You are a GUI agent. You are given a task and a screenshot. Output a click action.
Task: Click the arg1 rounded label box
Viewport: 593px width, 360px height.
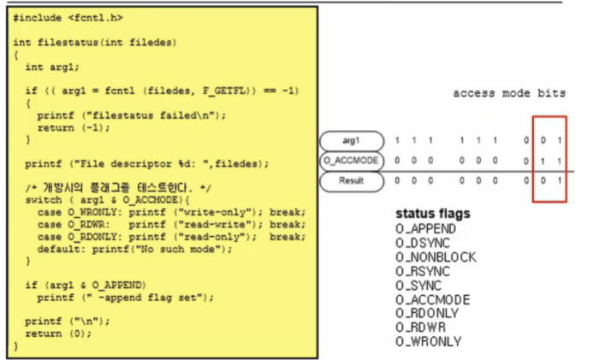pyautogui.click(x=352, y=141)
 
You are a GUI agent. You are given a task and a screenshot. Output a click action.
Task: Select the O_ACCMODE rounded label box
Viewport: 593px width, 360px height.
pyautogui.click(x=352, y=161)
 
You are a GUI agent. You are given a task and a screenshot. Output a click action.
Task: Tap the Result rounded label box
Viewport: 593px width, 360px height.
pyautogui.click(x=352, y=181)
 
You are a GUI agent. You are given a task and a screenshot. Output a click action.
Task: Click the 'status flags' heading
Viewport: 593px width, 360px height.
pyautogui.click(x=433, y=214)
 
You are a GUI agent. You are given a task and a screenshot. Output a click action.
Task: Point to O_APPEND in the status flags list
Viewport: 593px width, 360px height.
pyautogui.click(x=425, y=229)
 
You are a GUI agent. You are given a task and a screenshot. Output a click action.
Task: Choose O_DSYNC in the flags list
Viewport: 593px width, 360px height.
pyautogui.click(x=423, y=243)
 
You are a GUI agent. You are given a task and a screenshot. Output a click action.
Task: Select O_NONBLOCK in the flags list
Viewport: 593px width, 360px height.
pyautogui.click(x=436, y=257)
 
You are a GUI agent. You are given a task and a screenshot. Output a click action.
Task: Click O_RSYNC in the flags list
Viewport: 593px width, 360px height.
pyautogui.click(x=423, y=271)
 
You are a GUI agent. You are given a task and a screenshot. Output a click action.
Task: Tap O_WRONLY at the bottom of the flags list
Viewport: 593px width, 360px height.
pyautogui.click(x=428, y=341)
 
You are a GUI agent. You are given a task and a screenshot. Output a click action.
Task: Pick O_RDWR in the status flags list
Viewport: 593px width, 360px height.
pyautogui.click(x=420, y=328)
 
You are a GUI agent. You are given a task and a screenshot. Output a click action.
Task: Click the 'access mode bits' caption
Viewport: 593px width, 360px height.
pyautogui.click(x=509, y=93)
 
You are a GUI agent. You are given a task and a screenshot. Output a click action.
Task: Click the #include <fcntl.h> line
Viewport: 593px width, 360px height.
pyautogui.click(x=68, y=18)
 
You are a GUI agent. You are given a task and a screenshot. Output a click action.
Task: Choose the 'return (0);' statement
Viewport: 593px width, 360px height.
pyautogui.click(x=58, y=333)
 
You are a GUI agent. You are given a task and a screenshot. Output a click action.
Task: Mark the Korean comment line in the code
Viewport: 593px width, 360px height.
pyautogui.click(x=118, y=187)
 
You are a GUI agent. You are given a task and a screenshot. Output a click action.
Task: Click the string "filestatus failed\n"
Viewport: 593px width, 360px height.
pyautogui.click(x=153, y=115)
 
